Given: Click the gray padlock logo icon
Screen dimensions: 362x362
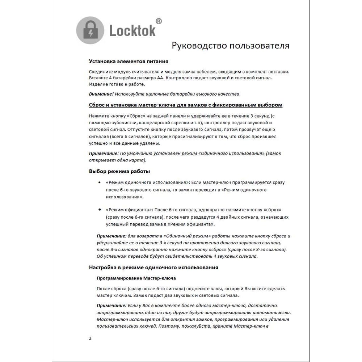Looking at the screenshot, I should pyautogui.click(x=90, y=30).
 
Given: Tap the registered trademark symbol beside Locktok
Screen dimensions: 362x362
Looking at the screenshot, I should pyautogui.click(x=159, y=21).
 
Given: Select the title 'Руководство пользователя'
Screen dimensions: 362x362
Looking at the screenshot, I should pyautogui.click(x=230, y=46).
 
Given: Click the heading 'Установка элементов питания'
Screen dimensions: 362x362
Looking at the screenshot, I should pyautogui.click(x=129, y=61).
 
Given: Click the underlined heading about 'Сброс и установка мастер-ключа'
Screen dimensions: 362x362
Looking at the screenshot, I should pyautogui.click(x=185, y=105).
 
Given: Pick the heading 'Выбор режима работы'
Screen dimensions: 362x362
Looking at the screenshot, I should pyautogui.click(x=119, y=171).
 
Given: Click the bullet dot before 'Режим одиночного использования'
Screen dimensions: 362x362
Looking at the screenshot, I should pyautogui.click(x=100, y=182).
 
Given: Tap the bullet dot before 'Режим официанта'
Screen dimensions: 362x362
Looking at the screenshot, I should pyautogui.click(x=100, y=210).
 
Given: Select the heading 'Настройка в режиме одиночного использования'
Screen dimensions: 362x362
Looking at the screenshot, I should pyautogui.click(x=153, y=268).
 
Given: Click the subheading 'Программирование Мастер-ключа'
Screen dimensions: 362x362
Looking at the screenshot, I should pyautogui.click(x=136, y=278).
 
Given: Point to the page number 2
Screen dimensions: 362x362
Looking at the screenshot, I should pyautogui.click(x=90, y=338).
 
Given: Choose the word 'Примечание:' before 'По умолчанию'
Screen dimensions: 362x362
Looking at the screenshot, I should pyautogui.click(x=104, y=153).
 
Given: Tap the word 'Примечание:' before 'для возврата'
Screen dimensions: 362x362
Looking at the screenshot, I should pyautogui.click(x=111, y=236).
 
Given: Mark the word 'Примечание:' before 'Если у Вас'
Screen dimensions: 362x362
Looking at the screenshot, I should pyautogui.click(x=111, y=306).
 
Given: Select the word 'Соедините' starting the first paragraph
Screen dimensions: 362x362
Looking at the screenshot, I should pyautogui.click(x=100, y=71).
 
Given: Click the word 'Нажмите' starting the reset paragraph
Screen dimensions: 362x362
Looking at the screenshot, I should pyautogui.click(x=98, y=116).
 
